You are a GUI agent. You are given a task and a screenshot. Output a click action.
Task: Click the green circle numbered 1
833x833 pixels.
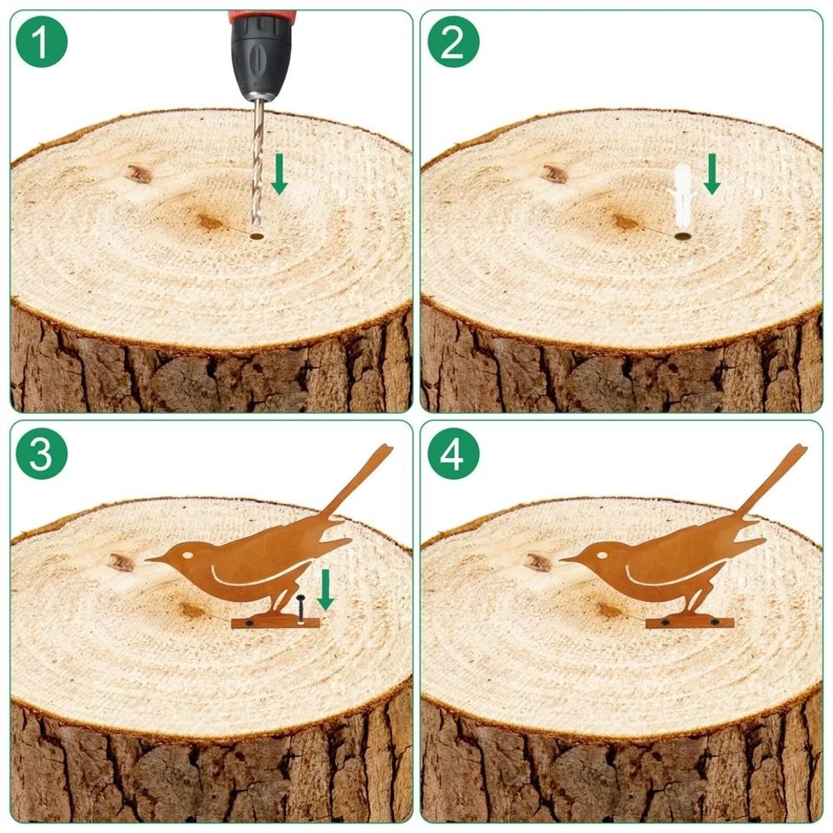pos(42,42)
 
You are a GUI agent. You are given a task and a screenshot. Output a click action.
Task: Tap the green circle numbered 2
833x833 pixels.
pos(453,42)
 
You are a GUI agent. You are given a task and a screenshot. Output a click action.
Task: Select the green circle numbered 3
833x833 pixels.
pos(42,453)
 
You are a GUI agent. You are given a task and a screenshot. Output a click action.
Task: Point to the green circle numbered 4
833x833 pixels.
pos(453,453)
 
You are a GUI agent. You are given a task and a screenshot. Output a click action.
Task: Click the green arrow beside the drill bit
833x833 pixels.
pos(279,174)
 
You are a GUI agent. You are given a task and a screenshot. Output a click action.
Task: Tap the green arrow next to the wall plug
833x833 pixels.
pos(712,174)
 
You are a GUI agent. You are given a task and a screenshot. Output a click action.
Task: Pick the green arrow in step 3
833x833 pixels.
pos(325,590)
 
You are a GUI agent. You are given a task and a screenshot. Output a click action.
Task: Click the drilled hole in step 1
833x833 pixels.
pos(257,236)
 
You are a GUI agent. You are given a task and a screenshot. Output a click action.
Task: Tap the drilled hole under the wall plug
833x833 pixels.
pos(681,236)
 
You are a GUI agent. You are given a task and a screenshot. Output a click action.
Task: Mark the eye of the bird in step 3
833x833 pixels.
pos(187,555)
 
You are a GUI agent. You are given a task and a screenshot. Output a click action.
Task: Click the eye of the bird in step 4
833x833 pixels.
pos(602,555)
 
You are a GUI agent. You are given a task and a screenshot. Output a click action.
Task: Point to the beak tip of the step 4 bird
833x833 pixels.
pos(560,560)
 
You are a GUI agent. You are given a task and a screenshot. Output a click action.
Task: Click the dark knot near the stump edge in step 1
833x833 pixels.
pos(139,174)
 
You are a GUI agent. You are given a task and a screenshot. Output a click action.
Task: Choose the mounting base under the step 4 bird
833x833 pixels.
pos(690,622)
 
